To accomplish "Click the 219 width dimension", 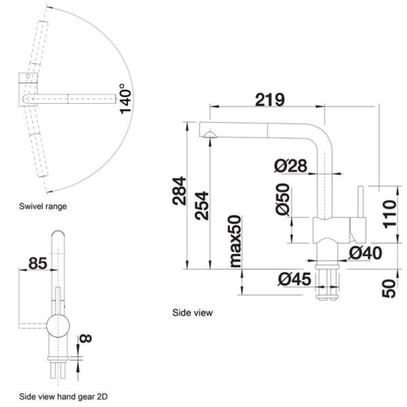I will (269, 99).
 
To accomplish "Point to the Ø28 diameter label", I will (291, 165).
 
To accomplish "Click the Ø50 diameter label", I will (283, 200).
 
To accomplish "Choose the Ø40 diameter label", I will (365, 253).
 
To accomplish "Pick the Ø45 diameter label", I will (294, 278).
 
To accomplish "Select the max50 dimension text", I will (235, 241).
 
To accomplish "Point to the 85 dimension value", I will (38, 263).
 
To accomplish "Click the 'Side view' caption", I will (193, 313).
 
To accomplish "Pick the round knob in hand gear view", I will (57, 325).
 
